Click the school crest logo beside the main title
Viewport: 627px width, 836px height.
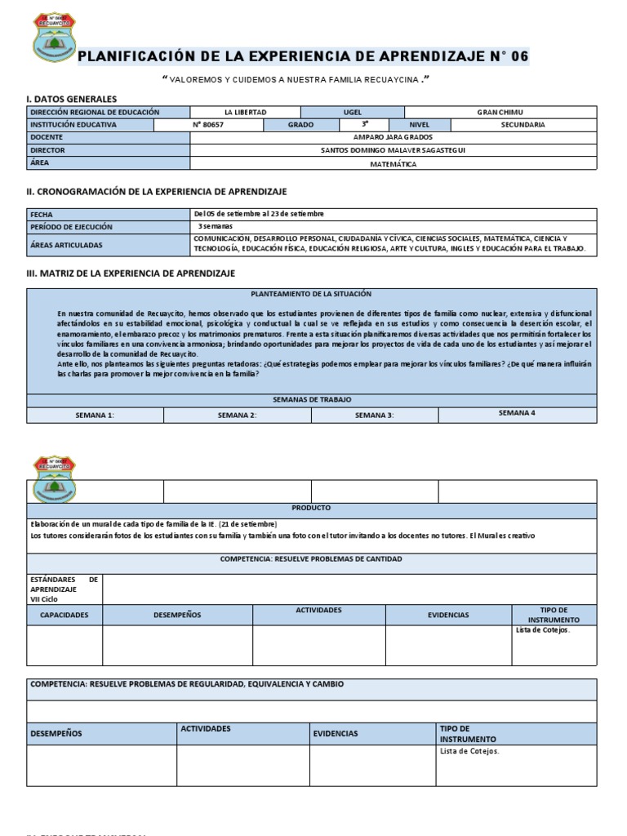point(54,37)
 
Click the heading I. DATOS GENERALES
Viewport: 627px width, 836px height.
point(72,99)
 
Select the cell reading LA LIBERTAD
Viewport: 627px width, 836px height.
point(245,112)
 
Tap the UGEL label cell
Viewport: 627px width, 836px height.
point(352,112)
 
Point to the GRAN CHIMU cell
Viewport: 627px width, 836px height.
point(500,112)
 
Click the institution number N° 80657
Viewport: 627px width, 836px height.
point(208,125)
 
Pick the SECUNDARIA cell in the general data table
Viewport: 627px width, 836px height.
point(522,125)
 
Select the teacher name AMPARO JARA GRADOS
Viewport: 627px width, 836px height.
point(393,138)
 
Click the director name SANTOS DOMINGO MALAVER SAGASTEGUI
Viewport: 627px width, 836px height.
point(393,150)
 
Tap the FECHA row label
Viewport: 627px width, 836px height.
point(42,214)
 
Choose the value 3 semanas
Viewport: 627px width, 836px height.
point(215,226)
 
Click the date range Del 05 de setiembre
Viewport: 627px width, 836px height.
point(259,214)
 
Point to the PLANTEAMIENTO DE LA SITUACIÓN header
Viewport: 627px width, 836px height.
point(310,293)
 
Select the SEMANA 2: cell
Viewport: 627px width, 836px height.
point(237,416)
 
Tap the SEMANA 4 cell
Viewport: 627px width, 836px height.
point(517,414)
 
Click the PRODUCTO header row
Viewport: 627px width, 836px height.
point(311,508)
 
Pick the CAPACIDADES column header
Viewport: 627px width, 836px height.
point(64,615)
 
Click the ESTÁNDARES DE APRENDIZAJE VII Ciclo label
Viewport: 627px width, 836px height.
point(64,589)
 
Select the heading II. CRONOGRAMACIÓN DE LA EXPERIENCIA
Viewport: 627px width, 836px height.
point(157,191)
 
